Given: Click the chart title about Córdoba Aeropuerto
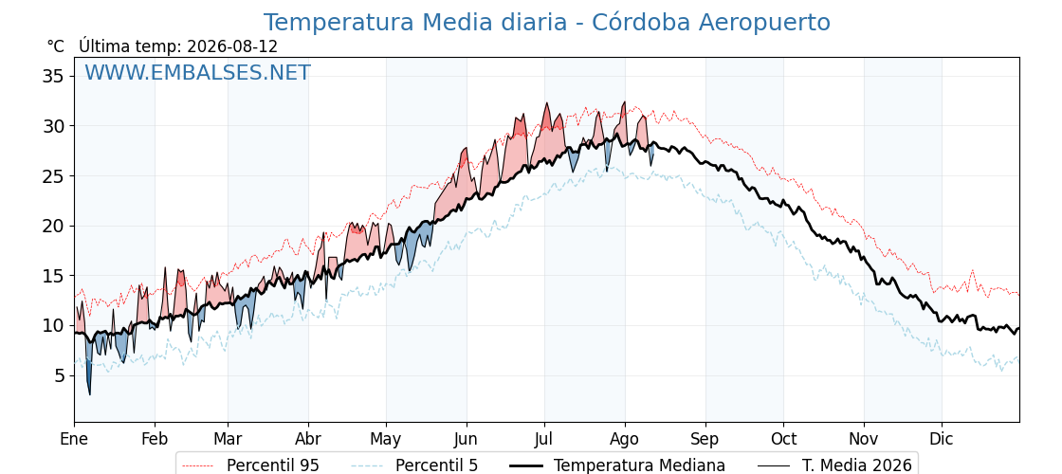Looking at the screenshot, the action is click(x=546, y=23).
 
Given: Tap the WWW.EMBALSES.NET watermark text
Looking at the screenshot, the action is click(x=198, y=72).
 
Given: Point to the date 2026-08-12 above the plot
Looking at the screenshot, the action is click(x=232, y=46).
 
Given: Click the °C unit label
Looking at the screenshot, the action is click(x=56, y=46).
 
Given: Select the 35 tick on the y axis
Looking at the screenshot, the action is click(x=53, y=76).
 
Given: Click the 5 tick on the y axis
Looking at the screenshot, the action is click(x=59, y=375).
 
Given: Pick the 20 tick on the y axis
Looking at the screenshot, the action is click(x=53, y=227).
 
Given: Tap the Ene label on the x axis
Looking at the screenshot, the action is click(x=74, y=439).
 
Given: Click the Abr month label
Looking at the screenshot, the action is click(x=308, y=439).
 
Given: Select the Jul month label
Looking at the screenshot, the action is click(x=544, y=439).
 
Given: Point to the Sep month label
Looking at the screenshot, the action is click(x=705, y=440).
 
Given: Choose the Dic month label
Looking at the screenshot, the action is click(x=942, y=439).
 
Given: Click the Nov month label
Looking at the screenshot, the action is click(x=864, y=439).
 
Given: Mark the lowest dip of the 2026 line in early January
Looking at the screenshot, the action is click(x=89, y=394).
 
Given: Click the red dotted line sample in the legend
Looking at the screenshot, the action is click(x=199, y=465).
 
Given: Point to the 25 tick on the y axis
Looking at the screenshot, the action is click(x=53, y=176).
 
